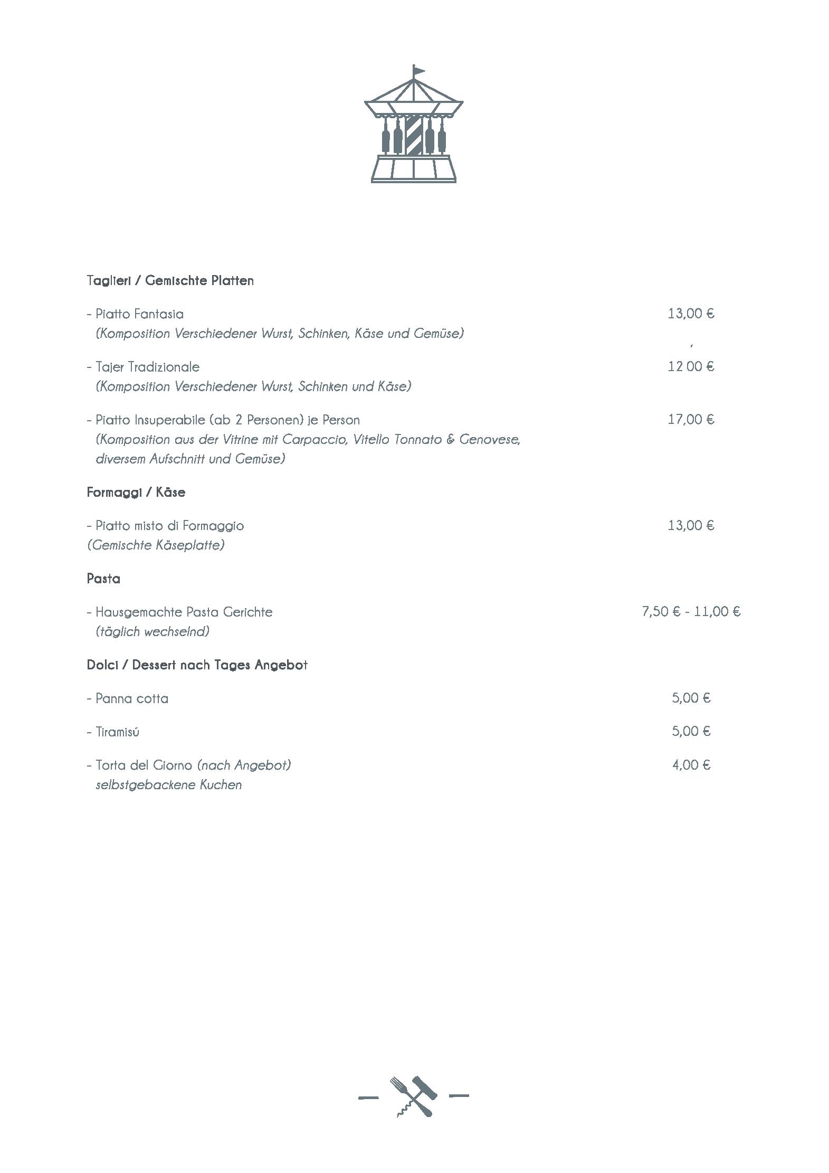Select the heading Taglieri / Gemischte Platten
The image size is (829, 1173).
pyautogui.click(x=170, y=281)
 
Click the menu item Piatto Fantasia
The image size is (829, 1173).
pyautogui.click(x=139, y=314)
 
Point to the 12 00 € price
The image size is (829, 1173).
pyautogui.click(x=691, y=366)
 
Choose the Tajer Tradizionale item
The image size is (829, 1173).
pyautogui.click(x=147, y=367)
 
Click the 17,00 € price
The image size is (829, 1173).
pyautogui.click(x=691, y=420)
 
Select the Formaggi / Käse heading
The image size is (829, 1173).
pyautogui.click(x=136, y=493)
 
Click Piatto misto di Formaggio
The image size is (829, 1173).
pyautogui.click(x=169, y=526)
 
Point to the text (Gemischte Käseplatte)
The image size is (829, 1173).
pyautogui.click(x=156, y=545)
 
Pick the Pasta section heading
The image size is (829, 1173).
pyautogui.click(x=103, y=579)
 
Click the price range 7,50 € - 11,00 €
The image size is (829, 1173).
pyautogui.click(x=691, y=612)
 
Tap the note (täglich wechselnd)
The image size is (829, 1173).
pyautogui.click(x=153, y=632)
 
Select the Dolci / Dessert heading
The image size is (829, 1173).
pyautogui.click(x=197, y=665)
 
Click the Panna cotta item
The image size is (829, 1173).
pyautogui.click(x=131, y=699)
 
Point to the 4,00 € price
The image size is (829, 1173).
pyautogui.click(x=691, y=765)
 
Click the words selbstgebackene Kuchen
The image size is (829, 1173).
pyautogui.click(x=169, y=785)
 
